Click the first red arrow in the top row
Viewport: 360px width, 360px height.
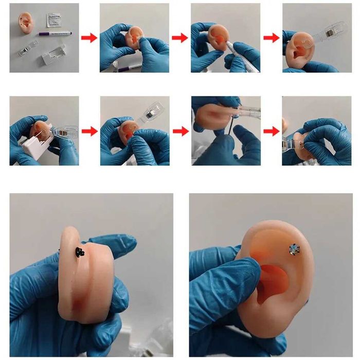pos(89,38)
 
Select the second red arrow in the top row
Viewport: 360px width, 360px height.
pos(179,38)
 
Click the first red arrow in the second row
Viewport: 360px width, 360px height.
pos(89,131)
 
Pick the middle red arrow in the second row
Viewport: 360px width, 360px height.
pos(179,131)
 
